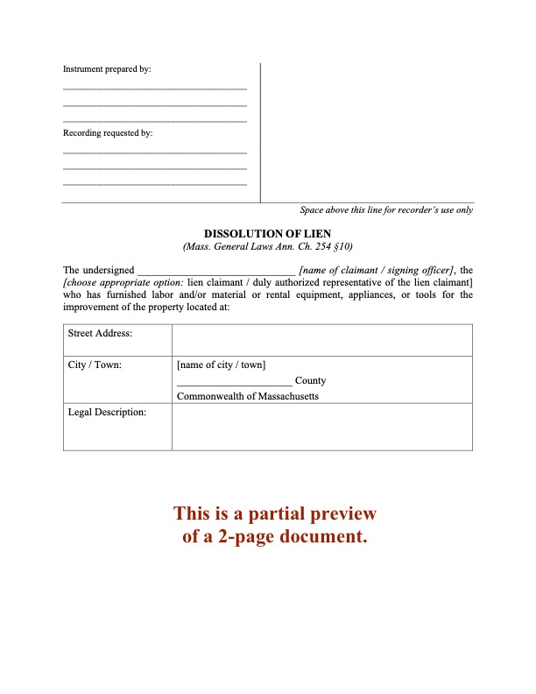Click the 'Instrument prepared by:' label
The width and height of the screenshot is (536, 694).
(x=107, y=69)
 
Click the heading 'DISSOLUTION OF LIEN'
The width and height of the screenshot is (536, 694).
(x=267, y=234)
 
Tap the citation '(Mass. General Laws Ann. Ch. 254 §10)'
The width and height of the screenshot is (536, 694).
(x=267, y=247)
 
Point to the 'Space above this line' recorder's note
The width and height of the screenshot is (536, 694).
(x=386, y=210)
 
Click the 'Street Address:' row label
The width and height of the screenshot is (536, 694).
(x=100, y=334)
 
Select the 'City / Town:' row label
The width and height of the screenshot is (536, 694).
(x=95, y=365)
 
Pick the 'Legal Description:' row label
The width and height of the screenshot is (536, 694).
(x=107, y=412)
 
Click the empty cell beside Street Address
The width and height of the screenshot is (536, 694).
(x=321, y=339)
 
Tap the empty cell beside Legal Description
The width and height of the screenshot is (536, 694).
(x=321, y=428)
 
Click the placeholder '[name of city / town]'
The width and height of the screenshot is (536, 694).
(x=221, y=365)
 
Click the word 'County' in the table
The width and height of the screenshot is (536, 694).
(x=311, y=380)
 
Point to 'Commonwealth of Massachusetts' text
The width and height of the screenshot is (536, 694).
(x=248, y=396)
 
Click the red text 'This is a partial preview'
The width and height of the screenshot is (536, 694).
(x=274, y=513)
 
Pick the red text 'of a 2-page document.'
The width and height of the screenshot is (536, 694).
(x=274, y=536)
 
